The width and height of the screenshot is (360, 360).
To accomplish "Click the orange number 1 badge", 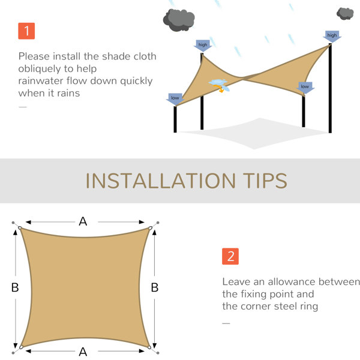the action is (26, 31).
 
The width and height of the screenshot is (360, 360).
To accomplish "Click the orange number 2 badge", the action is (230, 256).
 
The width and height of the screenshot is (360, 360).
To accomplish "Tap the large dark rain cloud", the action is (179, 20).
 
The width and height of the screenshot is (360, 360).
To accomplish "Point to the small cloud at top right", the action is (345, 14).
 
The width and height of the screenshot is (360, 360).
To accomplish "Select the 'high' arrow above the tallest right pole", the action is (332, 36).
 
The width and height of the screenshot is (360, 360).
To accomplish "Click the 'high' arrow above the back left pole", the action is (203, 46).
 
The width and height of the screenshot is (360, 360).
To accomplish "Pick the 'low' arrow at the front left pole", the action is (175, 99).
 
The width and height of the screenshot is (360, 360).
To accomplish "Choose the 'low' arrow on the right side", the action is (305, 88).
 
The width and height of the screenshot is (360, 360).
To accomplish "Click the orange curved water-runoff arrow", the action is (218, 88).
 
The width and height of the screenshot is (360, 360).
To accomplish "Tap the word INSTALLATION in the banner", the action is (160, 181).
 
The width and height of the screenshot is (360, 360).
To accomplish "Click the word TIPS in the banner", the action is (265, 181).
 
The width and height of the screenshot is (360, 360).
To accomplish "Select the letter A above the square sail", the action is (83, 221).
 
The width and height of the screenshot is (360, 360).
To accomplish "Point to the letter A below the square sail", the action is (83, 352).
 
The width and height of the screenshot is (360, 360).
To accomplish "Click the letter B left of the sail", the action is (15, 287).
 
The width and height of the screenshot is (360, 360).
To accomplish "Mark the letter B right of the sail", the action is (155, 287).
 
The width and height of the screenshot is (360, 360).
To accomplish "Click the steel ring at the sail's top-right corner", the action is (150, 228).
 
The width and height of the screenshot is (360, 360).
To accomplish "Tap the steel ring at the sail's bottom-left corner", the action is (21, 347).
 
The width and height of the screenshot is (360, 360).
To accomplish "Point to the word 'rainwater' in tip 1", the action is (41, 81).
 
